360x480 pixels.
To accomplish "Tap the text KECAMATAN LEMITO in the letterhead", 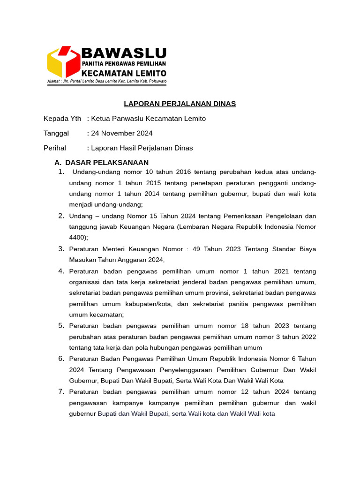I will click(124, 73).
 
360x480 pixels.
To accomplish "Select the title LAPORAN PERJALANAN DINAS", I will click(180, 104).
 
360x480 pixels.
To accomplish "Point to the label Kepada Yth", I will click(62, 119).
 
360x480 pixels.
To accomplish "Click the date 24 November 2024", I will click(122, 133).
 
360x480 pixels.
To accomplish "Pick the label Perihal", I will click(55, 148).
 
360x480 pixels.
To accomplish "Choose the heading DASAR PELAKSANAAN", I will click(107, 163).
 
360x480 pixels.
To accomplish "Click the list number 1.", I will click(61, 172).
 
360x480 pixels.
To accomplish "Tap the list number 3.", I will click(61, 248).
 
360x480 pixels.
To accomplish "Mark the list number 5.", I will click(61, 325).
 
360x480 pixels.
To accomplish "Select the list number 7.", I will click(61, 391).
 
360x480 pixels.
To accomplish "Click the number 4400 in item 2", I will click(77, 238).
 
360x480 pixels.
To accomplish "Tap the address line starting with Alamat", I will click(106, 82).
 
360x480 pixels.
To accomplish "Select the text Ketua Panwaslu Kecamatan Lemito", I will click(148, 119).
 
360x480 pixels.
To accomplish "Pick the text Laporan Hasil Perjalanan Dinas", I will click(142, 148).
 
